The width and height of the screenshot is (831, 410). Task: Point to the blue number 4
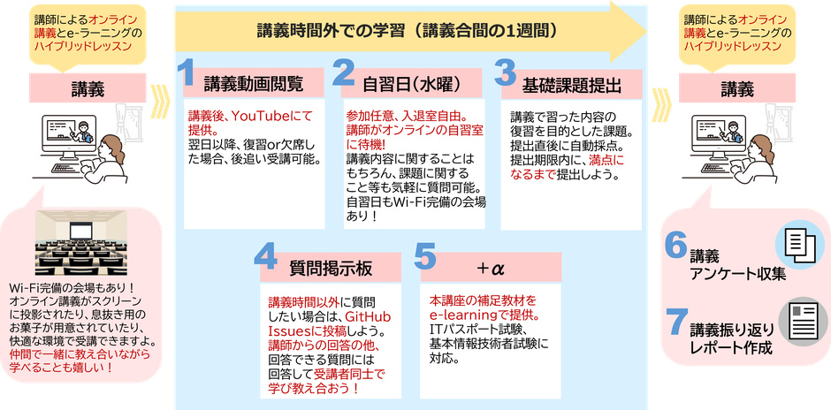coord(265,256)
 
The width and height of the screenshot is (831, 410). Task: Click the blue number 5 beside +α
coord(424,256)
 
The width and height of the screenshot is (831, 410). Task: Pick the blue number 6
coord(675,244)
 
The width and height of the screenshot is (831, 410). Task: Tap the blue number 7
coord(675,322)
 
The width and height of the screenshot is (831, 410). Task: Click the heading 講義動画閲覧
coord(254,84)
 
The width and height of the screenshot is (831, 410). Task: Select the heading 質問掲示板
coord(332,268)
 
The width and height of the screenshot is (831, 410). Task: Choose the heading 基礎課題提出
coord(571,85)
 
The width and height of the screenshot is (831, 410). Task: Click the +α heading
coord(491,268)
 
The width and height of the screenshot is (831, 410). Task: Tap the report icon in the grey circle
coord(801,322)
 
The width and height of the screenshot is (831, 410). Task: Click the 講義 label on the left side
coord(88,90)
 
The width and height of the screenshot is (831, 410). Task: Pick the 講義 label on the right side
coord(737,90)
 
